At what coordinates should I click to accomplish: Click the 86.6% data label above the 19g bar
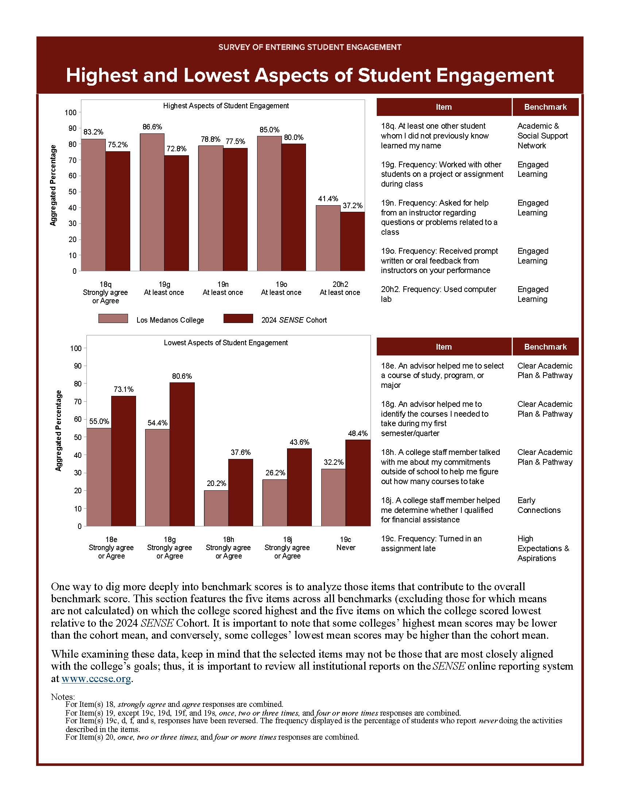coord(152,127)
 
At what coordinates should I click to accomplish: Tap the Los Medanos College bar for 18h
coord(216,508)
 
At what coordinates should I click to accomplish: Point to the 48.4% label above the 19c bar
coord(357,433)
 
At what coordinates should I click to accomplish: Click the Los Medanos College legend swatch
coord(113,319)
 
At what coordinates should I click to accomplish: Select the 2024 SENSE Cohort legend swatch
coord(238,319)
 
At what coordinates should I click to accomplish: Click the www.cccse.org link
coord(96,679)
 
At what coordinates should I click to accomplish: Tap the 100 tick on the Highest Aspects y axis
coord(70,112)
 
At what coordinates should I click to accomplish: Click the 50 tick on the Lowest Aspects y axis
coord(77,437)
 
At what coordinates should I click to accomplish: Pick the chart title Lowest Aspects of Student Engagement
coord(225,343)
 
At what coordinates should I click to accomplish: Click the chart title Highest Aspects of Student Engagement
coord(226,106)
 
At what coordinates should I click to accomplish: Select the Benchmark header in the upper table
coord(545,107)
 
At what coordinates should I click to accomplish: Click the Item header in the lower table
coord(443,347)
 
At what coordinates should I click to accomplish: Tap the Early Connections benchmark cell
coord(538,505)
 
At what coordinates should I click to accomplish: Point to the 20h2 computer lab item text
coord(438,294)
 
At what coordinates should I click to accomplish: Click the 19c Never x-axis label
coord(345,544)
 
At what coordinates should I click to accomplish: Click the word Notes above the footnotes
coord(63,697)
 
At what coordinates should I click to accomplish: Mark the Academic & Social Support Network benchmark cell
coord(542,136)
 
